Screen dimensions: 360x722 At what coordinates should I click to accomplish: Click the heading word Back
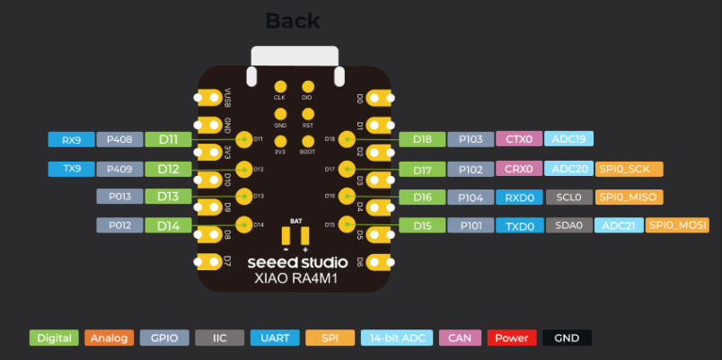tap(293, 21)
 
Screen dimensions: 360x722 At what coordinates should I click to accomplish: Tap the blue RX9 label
tap(71, 139)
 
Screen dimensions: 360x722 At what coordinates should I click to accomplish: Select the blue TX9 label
tap(71, 168)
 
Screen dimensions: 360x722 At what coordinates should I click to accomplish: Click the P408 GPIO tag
tap(119, 139)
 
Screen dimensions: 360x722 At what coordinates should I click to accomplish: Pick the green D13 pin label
tap(168, 196)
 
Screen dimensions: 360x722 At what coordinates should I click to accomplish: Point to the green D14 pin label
tap(168, 225)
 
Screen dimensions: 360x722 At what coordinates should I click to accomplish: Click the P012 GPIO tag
tap(119, 225)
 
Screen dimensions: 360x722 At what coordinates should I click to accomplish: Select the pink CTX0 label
tap(519, 139)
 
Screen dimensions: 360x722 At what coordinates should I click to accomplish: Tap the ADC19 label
tap(568, 139)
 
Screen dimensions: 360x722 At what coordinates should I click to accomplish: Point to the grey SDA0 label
tap(569, 225)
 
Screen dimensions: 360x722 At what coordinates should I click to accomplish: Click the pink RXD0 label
tap(519, 197)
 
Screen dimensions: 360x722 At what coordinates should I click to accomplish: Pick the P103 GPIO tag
tap(471, 139)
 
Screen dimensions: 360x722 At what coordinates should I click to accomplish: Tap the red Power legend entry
tap(511, 338)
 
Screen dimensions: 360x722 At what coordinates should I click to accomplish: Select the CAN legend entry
tap(459, 338)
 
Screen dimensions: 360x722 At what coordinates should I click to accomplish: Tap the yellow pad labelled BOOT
tap(307, 142)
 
